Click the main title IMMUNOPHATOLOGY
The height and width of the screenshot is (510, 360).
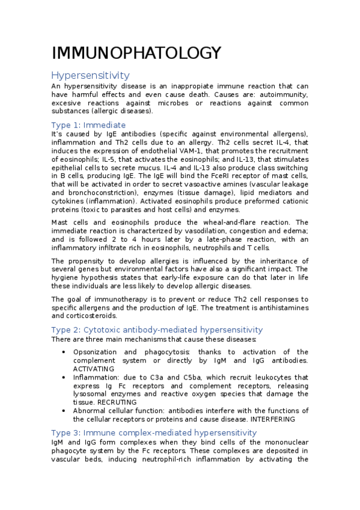coord(136,54)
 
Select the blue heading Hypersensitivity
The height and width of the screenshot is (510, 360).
coord(90,75)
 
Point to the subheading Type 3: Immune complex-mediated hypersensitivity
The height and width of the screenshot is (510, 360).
coord(154,432)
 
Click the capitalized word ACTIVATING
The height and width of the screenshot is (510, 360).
coord(94,369)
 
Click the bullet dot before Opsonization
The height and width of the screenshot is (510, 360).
coord(64,352)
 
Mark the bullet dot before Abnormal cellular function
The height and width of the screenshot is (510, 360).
coord(64,411)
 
